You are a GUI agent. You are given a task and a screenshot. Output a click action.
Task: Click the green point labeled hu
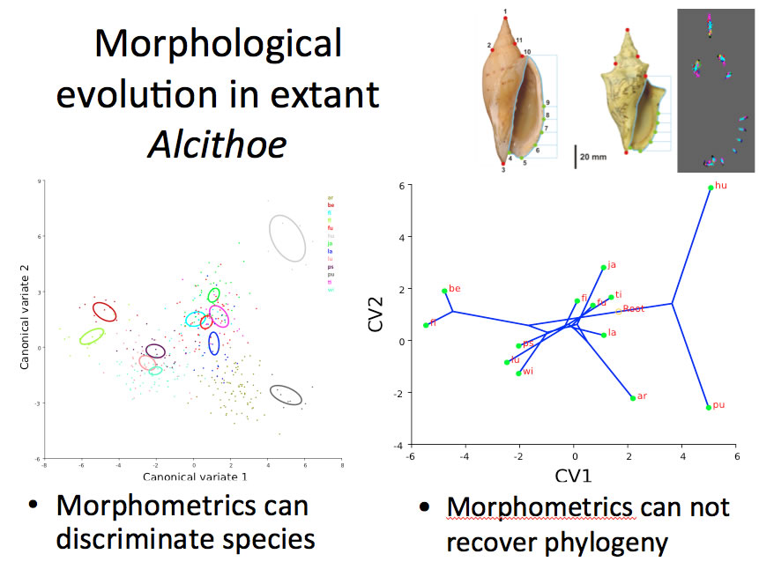(x=711, y=188)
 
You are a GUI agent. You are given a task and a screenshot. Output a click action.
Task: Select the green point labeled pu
(x=709, y=407)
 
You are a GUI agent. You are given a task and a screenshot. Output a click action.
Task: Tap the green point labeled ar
(x=632, y=398)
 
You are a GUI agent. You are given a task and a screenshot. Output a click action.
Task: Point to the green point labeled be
(x=444, y=291)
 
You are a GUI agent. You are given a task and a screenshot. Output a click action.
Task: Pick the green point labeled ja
(x=603, y=267)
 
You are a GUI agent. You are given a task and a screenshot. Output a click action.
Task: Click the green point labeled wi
(x=518, y=373)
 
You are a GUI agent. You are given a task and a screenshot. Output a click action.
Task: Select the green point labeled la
(x=603, y=335)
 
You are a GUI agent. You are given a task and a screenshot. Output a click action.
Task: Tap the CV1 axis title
(x=574, y=477)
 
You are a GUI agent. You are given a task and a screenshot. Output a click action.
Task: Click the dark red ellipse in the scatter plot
(x=105, y=310)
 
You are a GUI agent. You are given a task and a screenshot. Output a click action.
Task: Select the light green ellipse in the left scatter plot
(x=92, y=336)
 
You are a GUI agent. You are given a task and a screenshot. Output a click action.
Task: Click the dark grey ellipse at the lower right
(x=286, y=395)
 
